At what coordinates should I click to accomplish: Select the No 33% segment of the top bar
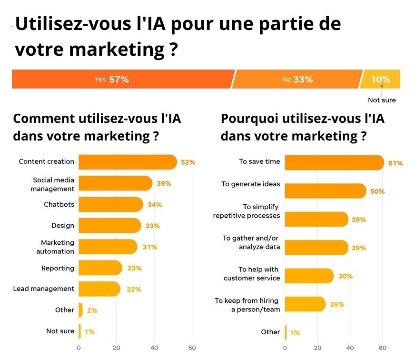coord(297,80)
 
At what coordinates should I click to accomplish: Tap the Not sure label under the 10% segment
coord(382,100)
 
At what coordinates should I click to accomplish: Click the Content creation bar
coord(127,162)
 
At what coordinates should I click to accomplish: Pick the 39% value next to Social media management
coord(164,183)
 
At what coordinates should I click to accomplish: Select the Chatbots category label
coord(59,205)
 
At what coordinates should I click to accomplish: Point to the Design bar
coord(109,226)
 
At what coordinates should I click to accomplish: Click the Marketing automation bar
coord(108,247)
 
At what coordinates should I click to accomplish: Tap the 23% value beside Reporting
coord(134,268)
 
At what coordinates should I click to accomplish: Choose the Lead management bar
coord(99,289)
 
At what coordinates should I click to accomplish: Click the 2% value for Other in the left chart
coord(92,310)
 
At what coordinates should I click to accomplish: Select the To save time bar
coord(333,163)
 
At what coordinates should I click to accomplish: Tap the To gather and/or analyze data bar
coord(316,248)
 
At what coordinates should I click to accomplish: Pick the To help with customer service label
coord(252,273)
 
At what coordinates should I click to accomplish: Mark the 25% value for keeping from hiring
coord(337,304)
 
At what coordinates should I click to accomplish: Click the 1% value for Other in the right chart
coord(295,333)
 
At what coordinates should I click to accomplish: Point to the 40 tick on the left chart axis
coord(154,348)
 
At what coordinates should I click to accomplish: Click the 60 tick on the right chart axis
coord(382,348)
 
